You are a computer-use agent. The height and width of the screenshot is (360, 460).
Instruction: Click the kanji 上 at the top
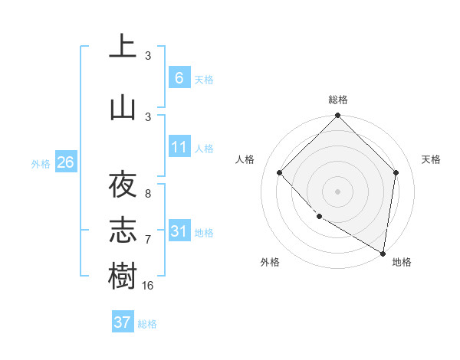pos(123,47)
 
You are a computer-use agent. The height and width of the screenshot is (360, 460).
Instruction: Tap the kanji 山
pos(123,108)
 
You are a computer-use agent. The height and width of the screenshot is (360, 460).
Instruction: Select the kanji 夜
pos(123,185)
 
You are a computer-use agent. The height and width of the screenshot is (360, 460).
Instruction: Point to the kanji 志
pos(123,231)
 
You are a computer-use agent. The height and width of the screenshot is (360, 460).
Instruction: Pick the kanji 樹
pos(123,277)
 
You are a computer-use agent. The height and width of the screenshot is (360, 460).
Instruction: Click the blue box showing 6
pos(179,78)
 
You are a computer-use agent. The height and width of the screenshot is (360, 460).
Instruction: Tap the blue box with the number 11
pos(179,147)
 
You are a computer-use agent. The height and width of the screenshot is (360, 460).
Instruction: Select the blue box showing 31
pos(179,231)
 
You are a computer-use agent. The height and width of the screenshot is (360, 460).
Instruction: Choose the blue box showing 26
pos(65,162)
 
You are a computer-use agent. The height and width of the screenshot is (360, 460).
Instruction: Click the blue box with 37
pos(123,322)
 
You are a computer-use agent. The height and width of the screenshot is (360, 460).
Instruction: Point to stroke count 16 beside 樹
pos(148,285)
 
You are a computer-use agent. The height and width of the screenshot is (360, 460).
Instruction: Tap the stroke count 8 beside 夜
pos(148,194)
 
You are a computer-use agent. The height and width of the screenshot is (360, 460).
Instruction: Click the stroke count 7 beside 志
pos(148,240)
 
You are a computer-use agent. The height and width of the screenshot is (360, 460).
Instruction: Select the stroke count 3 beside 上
pos(148,56)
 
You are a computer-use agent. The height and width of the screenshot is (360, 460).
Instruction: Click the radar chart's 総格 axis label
pos(338,100)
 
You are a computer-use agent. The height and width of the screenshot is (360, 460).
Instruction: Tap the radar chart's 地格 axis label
pos(402,262)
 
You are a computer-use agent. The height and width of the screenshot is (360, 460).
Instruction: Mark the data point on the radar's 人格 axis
pos(280,172)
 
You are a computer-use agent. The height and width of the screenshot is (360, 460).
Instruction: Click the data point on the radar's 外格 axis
pos(319,217)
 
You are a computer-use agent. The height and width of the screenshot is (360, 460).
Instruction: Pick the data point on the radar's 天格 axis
pos(396,172)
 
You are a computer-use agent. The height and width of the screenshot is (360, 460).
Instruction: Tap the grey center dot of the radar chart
pos(338,191)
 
